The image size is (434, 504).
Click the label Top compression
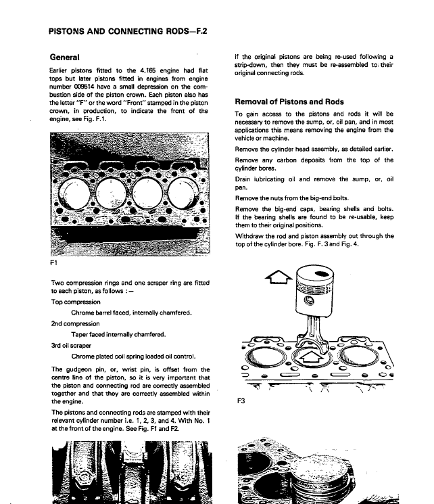click(x=76, y=302)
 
